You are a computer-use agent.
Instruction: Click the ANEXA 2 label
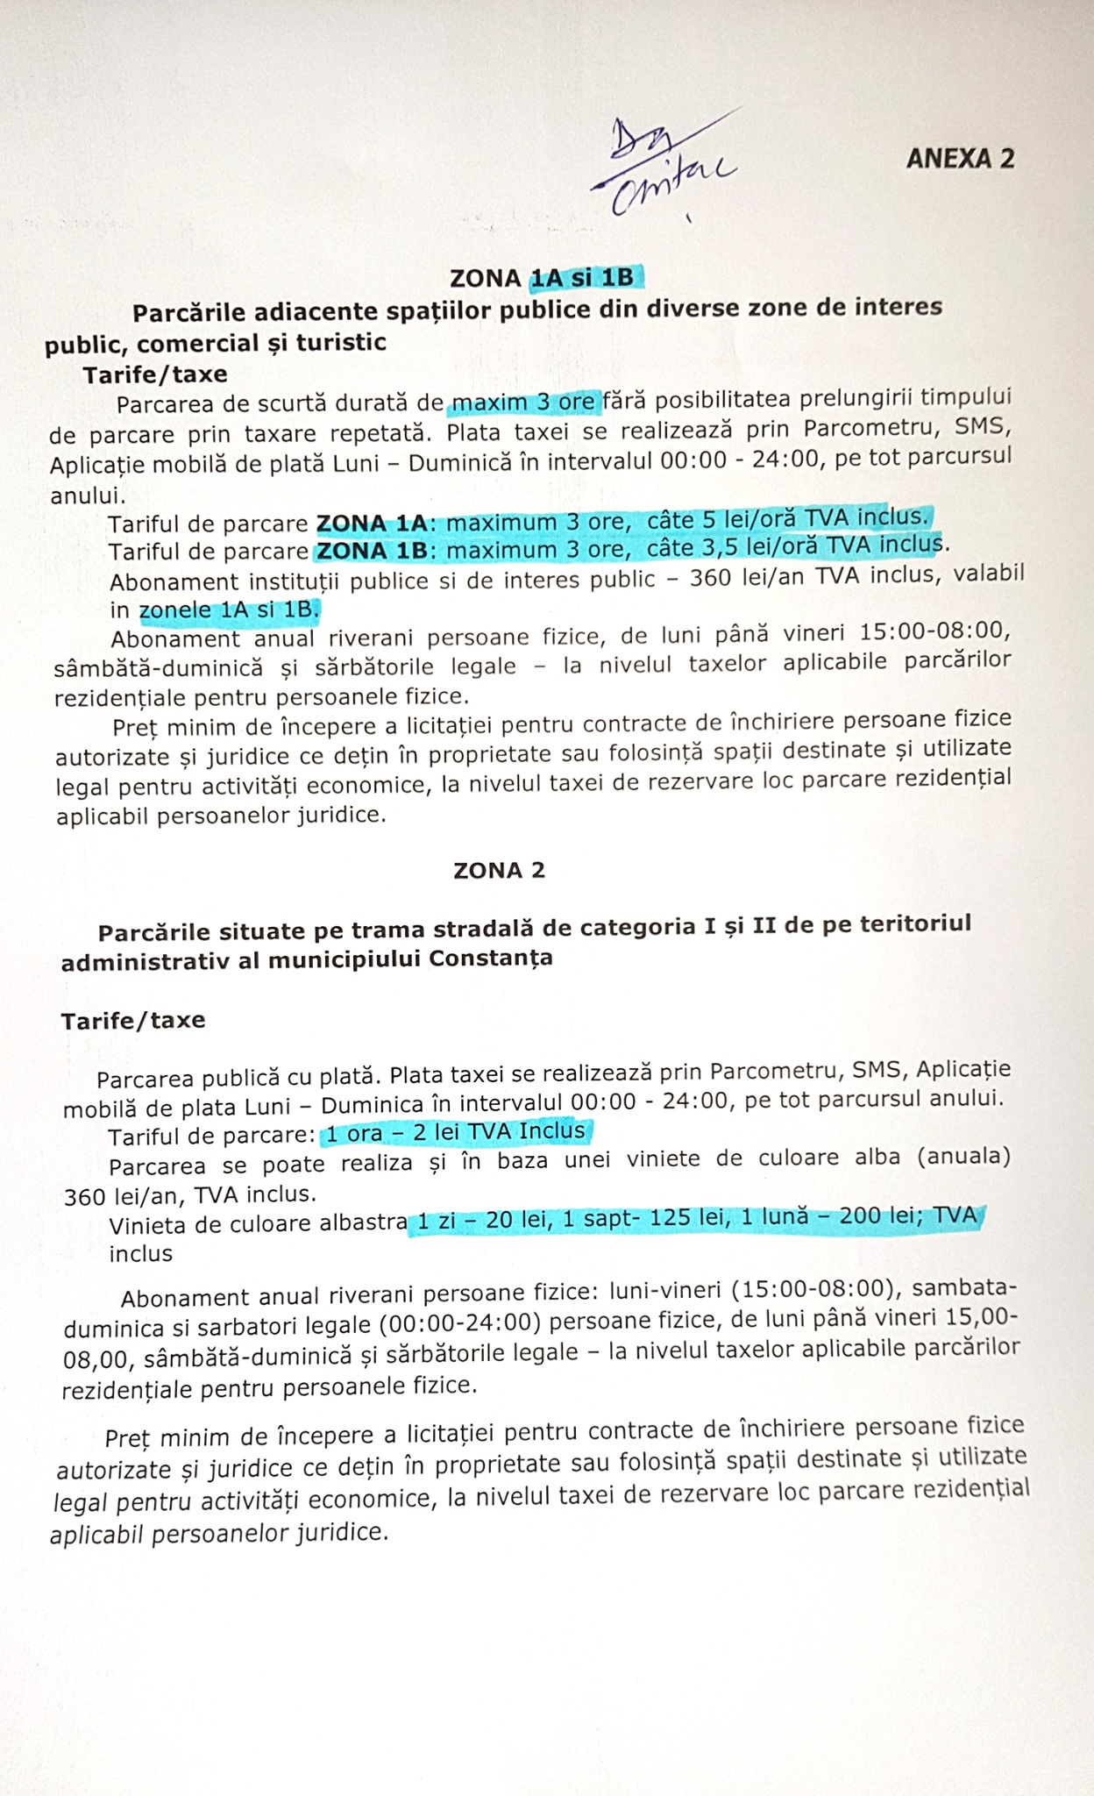point(960,158)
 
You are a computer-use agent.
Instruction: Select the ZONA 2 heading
point(499,870)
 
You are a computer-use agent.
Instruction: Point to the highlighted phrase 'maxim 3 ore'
point(524,403)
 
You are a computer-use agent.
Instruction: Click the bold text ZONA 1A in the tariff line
point(372,523)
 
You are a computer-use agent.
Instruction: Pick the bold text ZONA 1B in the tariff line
point(372,551)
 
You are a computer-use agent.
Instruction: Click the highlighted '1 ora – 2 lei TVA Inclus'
point(456,1132)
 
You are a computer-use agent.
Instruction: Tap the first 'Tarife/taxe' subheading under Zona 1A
point(155,374)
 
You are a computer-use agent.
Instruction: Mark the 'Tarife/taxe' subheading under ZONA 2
point(133,1020)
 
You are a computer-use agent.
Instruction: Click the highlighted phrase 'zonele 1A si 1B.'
point(231,609)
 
